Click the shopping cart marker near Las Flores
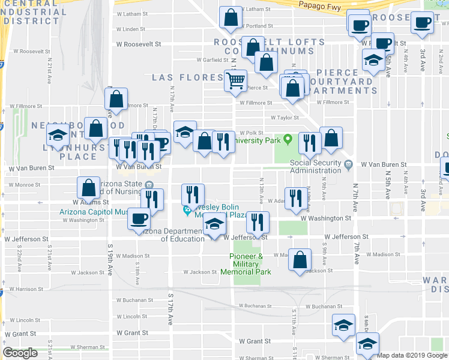(x=236, y=79)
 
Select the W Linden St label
(x=131, y=29)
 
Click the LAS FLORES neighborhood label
(x=187, y=77)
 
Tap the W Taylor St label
(x=285, y=118)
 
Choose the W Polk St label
(x=252, y=133)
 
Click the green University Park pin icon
(x=288, y=140)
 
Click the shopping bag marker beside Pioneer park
(x=300, y=260)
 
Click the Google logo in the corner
(x=20, y=353)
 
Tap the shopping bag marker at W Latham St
(x=231, y=18)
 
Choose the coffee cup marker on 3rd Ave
(x=421, y=22)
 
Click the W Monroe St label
(x=23, y=185)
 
